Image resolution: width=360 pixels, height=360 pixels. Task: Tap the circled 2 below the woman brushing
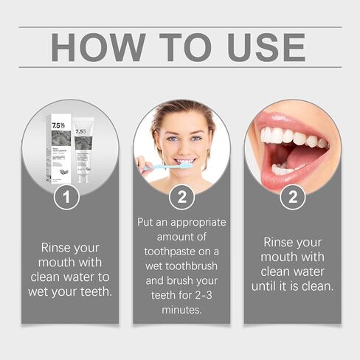pyautogui.click(x=181, y=197)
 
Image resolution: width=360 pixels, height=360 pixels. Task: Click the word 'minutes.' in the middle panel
pyautogui.click(x=181, y=311)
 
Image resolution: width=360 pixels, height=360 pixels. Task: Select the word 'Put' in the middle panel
pyautogui.click(x=148, y=222)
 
